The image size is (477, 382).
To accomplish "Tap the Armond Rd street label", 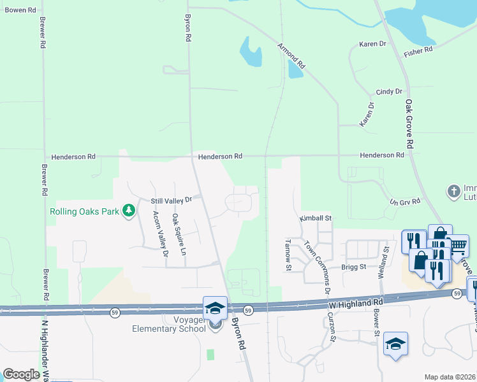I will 292,55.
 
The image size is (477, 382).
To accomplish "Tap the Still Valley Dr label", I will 171,201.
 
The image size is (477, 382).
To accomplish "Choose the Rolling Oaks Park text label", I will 85,211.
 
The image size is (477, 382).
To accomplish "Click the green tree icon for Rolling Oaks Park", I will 129,210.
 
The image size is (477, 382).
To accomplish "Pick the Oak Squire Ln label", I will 178,234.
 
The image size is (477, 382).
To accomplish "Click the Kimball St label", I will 316,218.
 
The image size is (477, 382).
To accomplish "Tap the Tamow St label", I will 288,255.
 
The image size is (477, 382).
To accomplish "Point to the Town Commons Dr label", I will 318,265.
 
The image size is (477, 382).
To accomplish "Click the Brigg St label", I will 353,267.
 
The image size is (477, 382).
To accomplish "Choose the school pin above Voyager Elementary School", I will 215,308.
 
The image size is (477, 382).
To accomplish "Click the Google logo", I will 21,374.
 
